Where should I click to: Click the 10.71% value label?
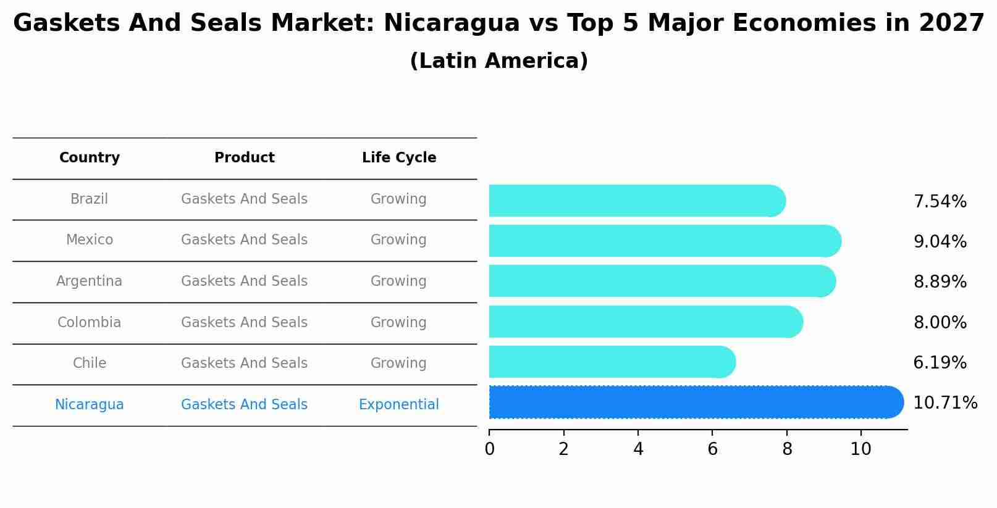tap(944, 403)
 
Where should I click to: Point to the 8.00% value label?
tap(940, 322)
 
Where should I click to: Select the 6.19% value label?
tap(940, 362)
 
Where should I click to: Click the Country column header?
tap(90, 158)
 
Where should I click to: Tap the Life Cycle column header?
tap(399, 158)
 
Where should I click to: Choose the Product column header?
tap(245, 158)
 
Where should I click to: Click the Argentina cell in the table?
tap(90, 281)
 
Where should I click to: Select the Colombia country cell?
tap(90, 322)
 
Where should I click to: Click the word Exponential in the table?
tap(399, 405)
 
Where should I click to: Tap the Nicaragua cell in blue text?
tap(90, 405)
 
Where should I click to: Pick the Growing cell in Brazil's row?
tap(398, 199)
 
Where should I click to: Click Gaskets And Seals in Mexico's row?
tap(245, 240)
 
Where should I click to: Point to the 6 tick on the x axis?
tap(712, 449)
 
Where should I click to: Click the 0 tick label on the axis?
tap(489, 449)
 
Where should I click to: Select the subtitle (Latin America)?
tap(498, 61)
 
